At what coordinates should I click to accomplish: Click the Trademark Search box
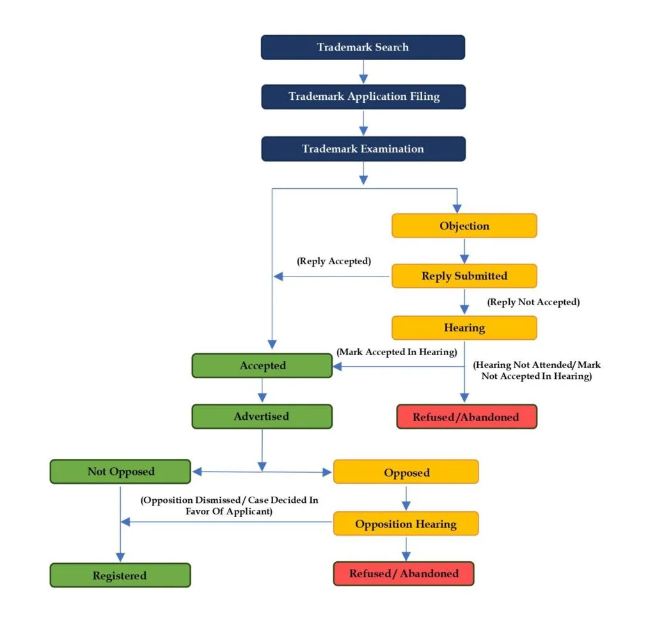[363, 47]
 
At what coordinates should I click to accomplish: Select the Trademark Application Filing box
[363, 97]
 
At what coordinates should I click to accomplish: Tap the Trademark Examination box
[363, 148]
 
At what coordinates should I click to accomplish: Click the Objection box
[464, 226]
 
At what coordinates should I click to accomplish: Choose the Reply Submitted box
[464, 276]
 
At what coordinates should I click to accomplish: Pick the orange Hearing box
[464, 328]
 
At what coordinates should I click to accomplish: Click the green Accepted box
[262, 365]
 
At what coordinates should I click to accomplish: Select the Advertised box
[262, 416]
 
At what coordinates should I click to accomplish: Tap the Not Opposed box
[120, 472]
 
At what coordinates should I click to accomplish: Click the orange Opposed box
[406, 473]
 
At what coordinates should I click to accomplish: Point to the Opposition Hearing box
[406, 524]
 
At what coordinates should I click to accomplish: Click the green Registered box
[120, 575]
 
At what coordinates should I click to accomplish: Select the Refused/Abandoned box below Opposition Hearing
[403, 573]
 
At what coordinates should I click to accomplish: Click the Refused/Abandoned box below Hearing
[466, 417]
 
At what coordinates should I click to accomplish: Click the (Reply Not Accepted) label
[533, 301]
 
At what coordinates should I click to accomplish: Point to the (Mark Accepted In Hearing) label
[397, 351]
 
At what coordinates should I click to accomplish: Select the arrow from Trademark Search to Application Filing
[363, 72]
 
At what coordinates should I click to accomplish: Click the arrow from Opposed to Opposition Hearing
[406, 498]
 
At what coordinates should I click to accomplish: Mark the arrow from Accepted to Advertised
[262, 390]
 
